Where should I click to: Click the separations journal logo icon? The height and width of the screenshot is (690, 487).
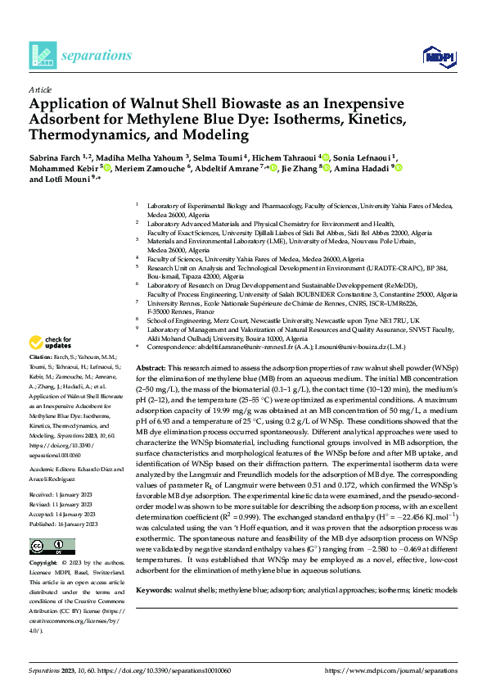click(42, 55)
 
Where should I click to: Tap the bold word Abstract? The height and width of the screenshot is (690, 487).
click(151, 370)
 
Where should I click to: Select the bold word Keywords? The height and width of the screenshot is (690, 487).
click(156, 613)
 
